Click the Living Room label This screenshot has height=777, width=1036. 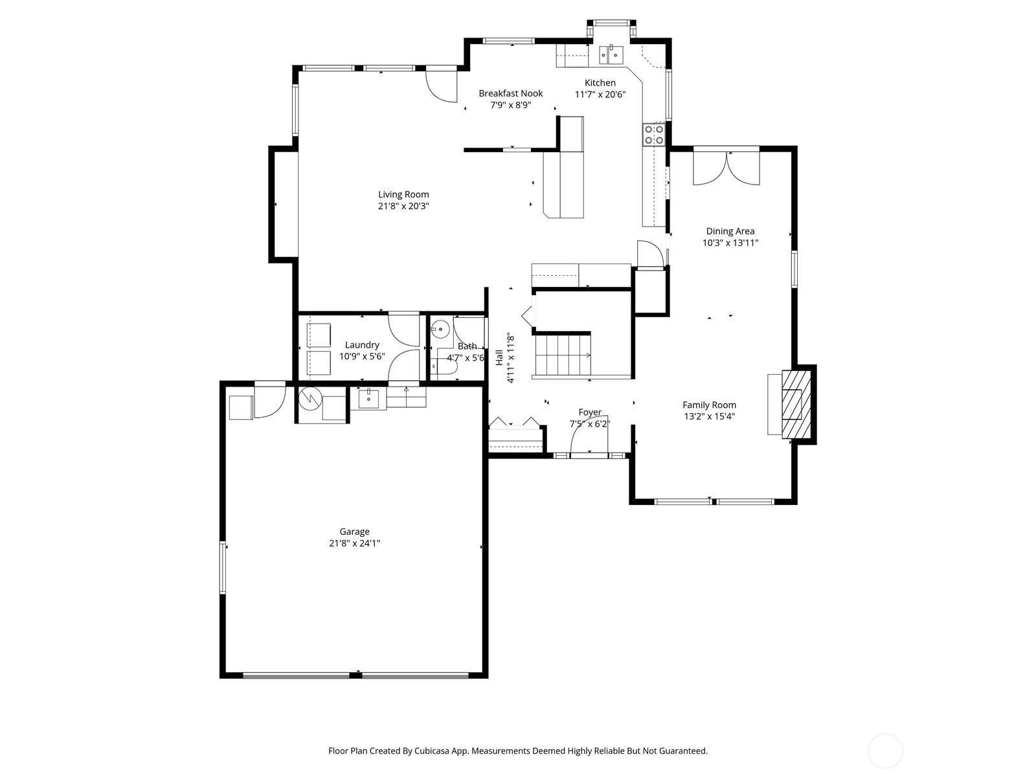click(403, 194)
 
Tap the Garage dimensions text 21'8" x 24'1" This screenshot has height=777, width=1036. click(354, 543)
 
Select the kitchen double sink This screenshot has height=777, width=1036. click(611, 55)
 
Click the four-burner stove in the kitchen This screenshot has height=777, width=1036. click(654, 135)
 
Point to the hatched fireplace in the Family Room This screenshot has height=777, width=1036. click(796, 405)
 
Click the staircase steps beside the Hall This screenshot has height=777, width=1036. click(563, 355)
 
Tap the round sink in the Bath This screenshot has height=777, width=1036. click(440, 329)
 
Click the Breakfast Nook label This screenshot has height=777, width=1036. click(511, 93)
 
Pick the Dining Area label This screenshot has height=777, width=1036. click(730, 231)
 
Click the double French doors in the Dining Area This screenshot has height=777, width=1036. click(726, 168)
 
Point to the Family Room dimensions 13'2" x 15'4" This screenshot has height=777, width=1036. click(710, 416)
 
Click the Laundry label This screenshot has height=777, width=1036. click(362, 345)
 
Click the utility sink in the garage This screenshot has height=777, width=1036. click(368, 399)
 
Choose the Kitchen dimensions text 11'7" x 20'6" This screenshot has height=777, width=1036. click(600, 95)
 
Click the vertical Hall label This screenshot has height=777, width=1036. click(499, 357)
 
